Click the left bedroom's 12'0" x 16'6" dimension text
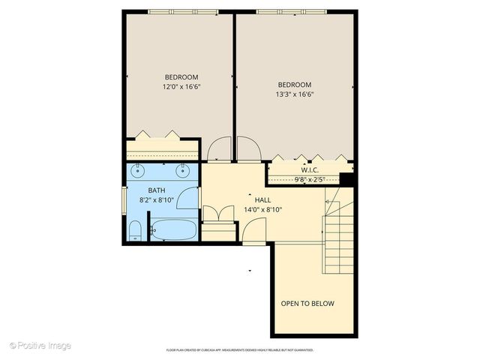(181, 87)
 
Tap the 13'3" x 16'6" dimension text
(294, 94)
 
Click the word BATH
(156, 190)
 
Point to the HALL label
(262, 200)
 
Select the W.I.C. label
(310, 169)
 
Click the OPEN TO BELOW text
(307, 304)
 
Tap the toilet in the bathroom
(136, 229)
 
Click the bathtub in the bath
(173, 229)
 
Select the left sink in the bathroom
(137, 171)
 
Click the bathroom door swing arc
(190, 197)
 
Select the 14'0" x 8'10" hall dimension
(262, 210)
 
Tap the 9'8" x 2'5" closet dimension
(309, 180)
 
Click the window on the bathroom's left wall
(124, 201)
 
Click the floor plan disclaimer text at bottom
(239, 350)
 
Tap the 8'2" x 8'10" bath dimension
(156, 200)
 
